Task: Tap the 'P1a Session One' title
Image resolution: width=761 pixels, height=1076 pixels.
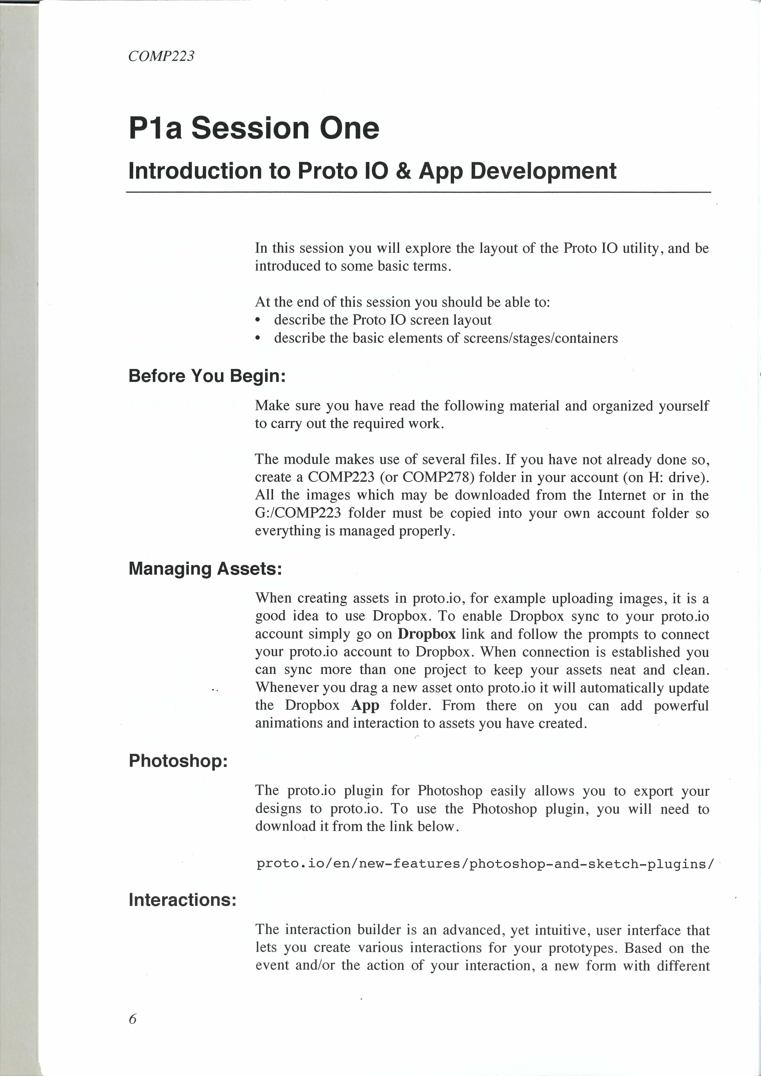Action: [x=254, y=128]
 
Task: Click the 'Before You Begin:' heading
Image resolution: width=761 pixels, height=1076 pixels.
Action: [x=207, y=376]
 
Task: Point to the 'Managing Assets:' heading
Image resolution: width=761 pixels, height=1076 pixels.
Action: [x=205, y=569]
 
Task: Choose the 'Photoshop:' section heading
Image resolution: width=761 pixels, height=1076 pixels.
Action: [x=178, y=761]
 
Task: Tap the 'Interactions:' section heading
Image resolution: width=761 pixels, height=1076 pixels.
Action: [x=182, y=900]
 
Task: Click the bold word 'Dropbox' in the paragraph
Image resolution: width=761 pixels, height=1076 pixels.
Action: [x=426, y=634]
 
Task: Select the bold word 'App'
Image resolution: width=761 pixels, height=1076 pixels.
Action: [x=365, y=705]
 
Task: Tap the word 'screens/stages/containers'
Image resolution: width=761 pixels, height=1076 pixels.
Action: [x=540, y=338]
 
